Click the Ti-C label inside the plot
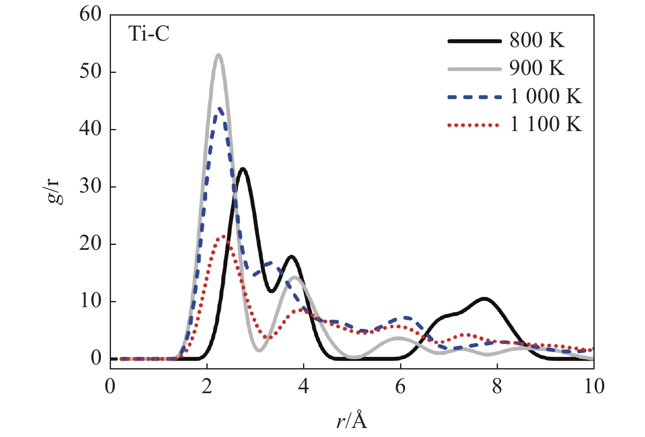click(x=149, y=34)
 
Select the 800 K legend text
click(x=537, y=40)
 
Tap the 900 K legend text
click(x=537, y=68)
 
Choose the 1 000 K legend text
click(x=545, y=96)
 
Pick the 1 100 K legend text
click(x=545, y=124)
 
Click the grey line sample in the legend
click(x=474, y=69)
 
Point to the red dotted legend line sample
click(x=474, y=125)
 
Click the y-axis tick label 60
click(x=91, y=14)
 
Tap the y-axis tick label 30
click(x=91, y=186)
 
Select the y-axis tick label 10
click(x=91, y=301)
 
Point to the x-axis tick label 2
click(x=207, y=386)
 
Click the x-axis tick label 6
click(x=400, y=386)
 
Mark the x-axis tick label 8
click(x=497, y=386)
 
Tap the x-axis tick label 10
click(x=594, y=386)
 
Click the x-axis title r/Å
click(x=352, y=421)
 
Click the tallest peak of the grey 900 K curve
click(x=219, y=55)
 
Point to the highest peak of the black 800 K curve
click(x=243, y=169)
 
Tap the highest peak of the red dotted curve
click(x=223, y=236)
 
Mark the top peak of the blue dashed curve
click(x=220, y=109)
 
